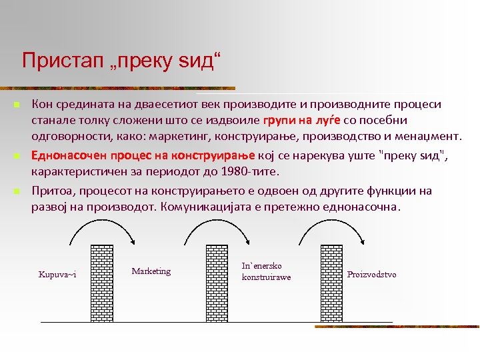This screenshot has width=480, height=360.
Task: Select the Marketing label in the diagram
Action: (151, 271)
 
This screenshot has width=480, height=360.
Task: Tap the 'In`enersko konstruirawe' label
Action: (266, 271)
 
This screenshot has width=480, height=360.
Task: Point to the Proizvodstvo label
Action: (371, 275)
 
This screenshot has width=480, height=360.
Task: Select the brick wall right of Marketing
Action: (217, 283)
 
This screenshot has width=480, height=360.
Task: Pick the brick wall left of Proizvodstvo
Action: (331, 283)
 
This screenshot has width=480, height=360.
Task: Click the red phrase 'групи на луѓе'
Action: (302, 121)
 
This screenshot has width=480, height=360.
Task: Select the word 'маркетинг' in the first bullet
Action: (188, 137)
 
